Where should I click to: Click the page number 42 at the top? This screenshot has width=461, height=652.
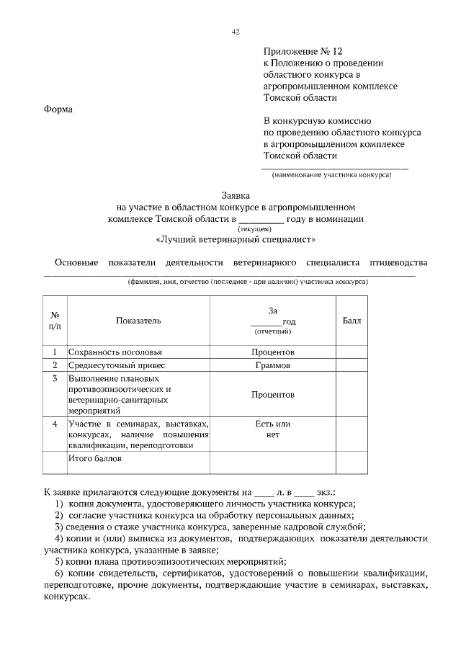click(236, 31)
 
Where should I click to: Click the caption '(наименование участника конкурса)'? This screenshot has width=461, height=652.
click(331, 175)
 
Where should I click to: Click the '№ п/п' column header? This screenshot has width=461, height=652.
click(55, 320)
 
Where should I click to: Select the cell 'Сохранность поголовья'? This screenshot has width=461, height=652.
click(115, 352)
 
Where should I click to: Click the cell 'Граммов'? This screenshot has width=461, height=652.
click(272, 365)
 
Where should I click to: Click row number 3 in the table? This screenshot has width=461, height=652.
click(55, 378)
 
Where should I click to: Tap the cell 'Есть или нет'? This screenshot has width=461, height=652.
click(272, 429)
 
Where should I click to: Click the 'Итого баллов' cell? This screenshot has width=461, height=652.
click(96, 457)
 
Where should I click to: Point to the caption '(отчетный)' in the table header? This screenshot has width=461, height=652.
click(272, 331)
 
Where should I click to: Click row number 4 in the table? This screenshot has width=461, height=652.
click(55, 424)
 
